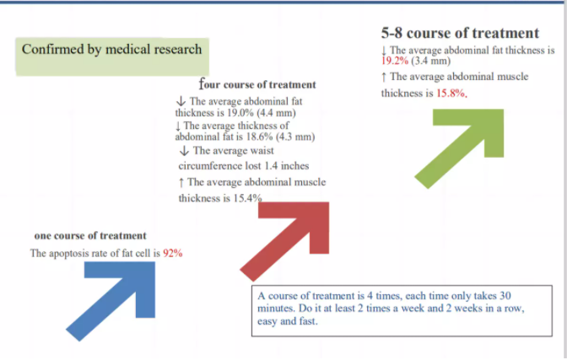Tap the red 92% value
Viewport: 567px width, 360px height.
pos(172,254)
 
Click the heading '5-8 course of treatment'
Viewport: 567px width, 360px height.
pos(460,33)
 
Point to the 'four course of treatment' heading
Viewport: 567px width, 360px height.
pos(257,84)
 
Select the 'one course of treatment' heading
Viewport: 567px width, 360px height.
pos(90,236)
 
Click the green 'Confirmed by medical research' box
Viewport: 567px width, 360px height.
pos(112,56)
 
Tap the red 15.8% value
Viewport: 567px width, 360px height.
pos(451,94)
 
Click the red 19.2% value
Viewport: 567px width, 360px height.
pos(395,61)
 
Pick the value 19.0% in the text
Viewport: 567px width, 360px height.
pos(240,113)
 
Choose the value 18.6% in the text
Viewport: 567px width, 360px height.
pos(259,137)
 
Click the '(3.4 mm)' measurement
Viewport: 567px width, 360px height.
pos(430,61)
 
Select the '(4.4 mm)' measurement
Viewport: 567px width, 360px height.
pos(276,113)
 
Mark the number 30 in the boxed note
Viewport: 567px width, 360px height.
pos(505,296)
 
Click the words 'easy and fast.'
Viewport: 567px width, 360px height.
pos(288,321)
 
